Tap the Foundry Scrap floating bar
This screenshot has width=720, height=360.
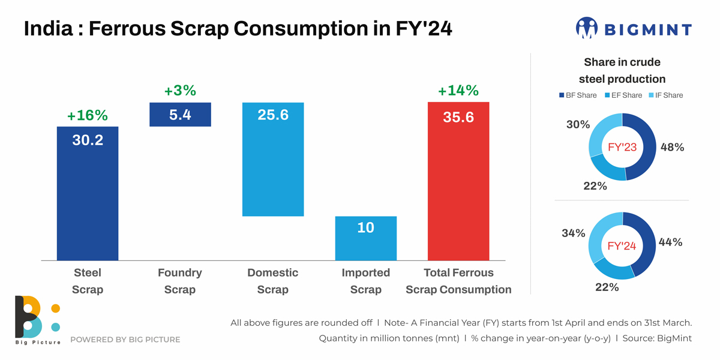click(x=180, y=115)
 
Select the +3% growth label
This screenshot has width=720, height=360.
click(x=180, y=91)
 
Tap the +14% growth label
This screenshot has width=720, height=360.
click(x=458, y=91)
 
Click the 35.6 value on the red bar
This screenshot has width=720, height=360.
click(x=458, y=117)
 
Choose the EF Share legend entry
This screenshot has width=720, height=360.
click(x=623, y=95)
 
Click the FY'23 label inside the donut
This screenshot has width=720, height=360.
click(x=622, y=147)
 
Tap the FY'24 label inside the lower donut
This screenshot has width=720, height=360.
click(x=622, y=246)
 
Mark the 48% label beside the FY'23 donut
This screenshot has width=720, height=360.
click(x=671, y=147)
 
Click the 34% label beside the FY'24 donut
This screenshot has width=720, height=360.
click(x=574, y=233)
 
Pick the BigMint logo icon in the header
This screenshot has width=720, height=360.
click(x=587, y=28)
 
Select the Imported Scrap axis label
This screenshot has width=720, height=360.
click(x=366, y=281)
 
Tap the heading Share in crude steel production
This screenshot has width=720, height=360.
click(x=622, y=70)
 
